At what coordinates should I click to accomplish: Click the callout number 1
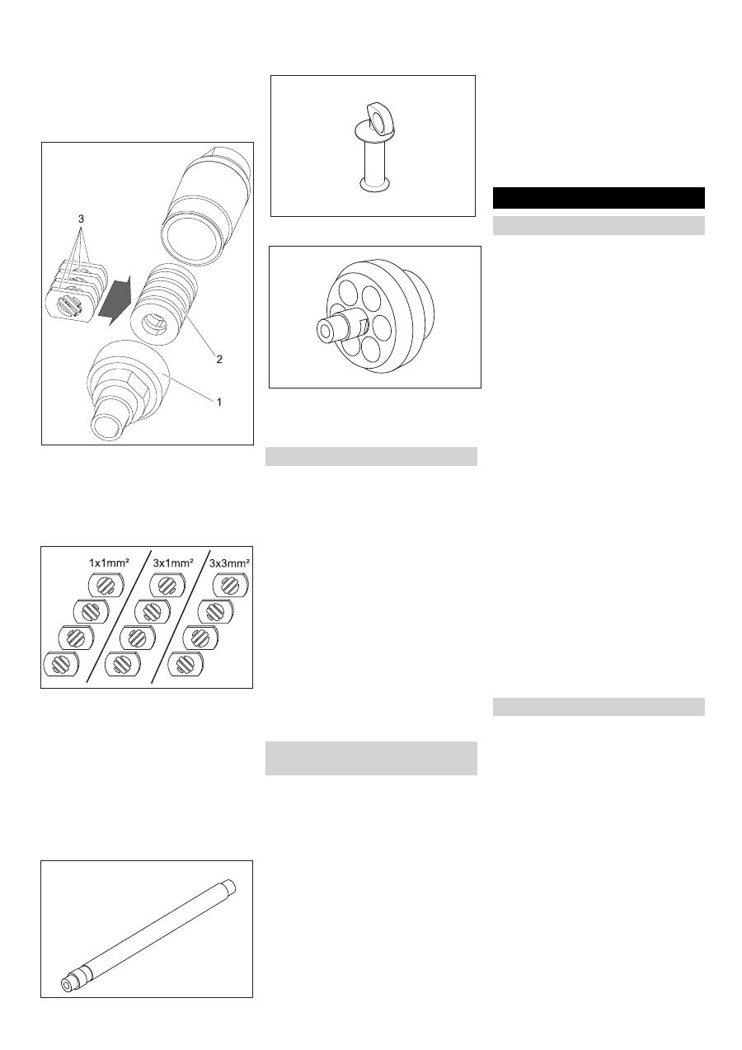(220, 402)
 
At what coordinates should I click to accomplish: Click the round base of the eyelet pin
(372, 187)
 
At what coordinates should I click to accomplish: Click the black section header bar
(598, 198)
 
